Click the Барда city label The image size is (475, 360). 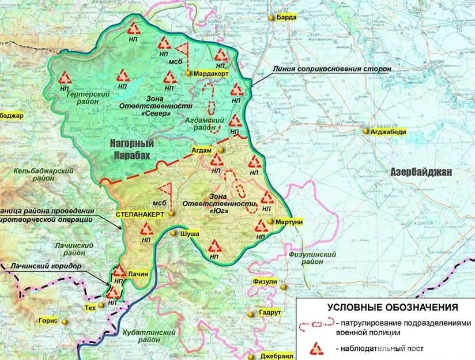(x=287, y=17)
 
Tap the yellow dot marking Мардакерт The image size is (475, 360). (x=188, y=74)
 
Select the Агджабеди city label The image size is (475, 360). (x=391, y=131)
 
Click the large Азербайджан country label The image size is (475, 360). (x=421, y=172)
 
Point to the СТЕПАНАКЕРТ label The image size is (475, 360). (x=140, y=214)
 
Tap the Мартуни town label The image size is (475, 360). (x=289, y=222)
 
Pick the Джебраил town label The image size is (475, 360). (x=274, y=355)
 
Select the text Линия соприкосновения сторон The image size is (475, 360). (x=333, y=69)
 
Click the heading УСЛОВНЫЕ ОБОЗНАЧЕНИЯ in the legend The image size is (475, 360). (x=384, y=307)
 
